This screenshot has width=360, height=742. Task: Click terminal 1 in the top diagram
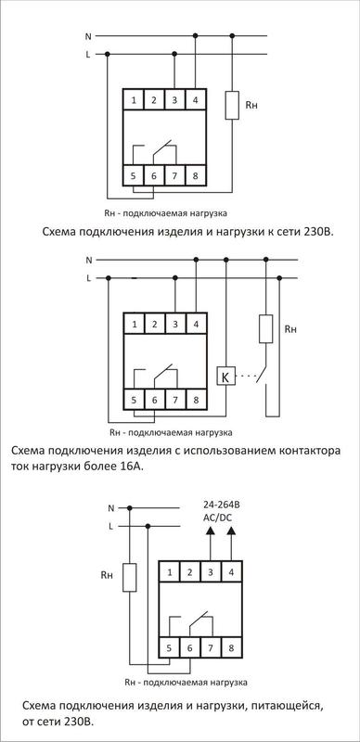tap(134, 98)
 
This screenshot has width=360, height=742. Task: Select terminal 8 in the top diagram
tap(196, 174)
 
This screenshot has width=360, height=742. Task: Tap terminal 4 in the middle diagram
tap(196, 325)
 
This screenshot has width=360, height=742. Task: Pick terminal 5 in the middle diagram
tap(135, 400)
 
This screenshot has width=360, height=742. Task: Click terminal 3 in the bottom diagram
tap(210, 572)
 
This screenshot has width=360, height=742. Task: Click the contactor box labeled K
tap(224, 377)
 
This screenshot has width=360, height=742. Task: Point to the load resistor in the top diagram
tap(232, 106)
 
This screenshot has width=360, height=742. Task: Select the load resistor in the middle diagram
tap(265, 329)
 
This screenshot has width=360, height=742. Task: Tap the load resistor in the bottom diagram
tap(131, 578)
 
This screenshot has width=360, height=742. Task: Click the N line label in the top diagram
tap(88, 37)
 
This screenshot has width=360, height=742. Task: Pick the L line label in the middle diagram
tap(88, 277)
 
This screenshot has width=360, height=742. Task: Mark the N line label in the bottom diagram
tap(110, 508)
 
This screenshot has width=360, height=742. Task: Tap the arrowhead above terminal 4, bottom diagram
tap(232, 532)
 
